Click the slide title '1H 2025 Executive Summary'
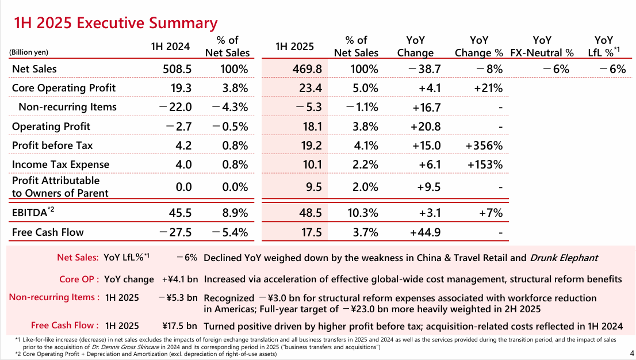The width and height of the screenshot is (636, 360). (x=116, y=23)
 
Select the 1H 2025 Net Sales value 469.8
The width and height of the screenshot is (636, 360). (x=307, y=69)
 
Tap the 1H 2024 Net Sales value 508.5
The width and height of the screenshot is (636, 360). (x=178, y=69)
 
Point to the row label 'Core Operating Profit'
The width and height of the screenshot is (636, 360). (x=63, y=88)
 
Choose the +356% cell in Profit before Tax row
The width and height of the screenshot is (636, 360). (x=484, y=145)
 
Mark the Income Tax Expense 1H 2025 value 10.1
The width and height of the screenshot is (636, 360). (x=311, y=164)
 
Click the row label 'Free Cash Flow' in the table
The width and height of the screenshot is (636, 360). (x=48, y=232)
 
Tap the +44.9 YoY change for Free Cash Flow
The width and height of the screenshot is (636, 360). (x=425, y=232)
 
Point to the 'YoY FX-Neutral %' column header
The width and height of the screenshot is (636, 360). (x=542, y=47)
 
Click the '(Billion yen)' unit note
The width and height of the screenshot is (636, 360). (x=28, y=52)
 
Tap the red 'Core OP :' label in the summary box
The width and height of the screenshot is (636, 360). (x=79, y=279)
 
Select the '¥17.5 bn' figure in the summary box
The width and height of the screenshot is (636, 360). (x=180, y=325)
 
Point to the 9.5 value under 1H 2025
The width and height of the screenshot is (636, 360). (x=314, y=187)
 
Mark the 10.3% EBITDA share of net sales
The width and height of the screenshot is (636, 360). (x=363, y=213)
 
